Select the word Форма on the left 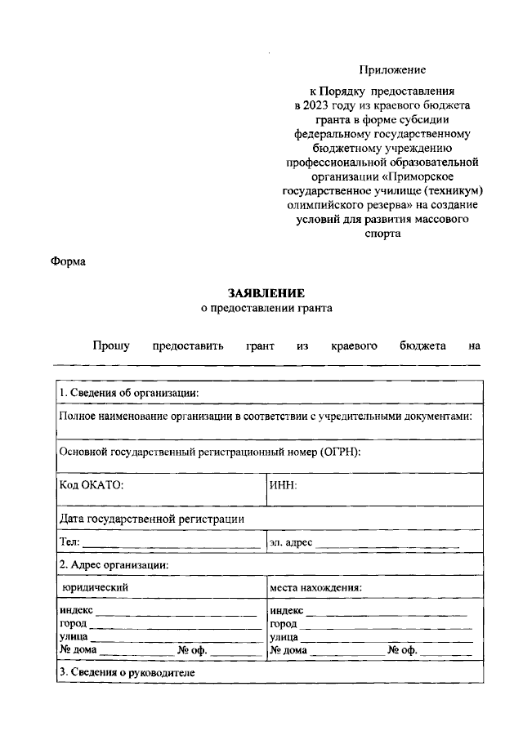[x=69, y=261]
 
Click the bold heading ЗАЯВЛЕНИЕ [x=266, y=293]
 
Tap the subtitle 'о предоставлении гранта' [x=267, y=308]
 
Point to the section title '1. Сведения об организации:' [x=128, y=393]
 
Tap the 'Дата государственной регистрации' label [x=151, y=519]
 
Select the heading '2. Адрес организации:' [x=114, y=564]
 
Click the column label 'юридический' [x=96, y=586]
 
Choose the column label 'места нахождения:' [x=315, y=586]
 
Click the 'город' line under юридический [x=172, y=625]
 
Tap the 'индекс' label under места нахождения [x=286, y=611]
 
